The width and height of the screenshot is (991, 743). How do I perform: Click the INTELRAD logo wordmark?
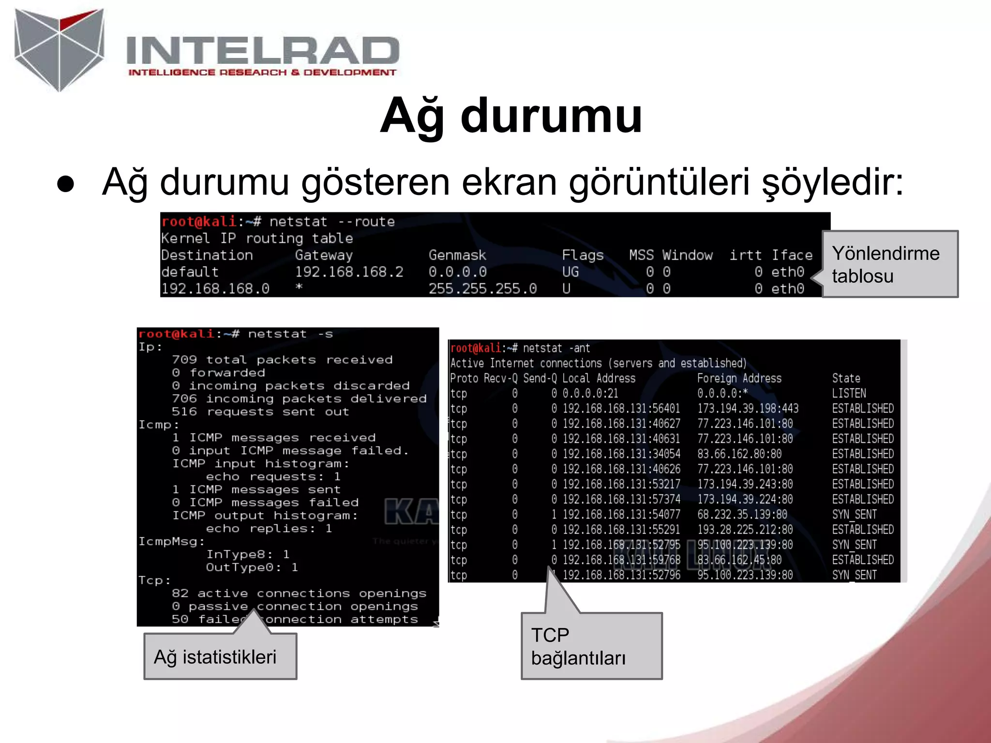(262, 51)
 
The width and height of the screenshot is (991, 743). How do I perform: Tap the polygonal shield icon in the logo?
(59, 48)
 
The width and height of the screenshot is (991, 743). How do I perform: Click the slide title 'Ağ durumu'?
(511, 116)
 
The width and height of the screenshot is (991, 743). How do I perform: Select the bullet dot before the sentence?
(66, 184)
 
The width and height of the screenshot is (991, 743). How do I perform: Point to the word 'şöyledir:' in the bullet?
(832, 182)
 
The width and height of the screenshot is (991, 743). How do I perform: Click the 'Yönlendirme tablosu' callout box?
(889, 264)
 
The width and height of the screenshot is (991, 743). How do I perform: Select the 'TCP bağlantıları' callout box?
(591, 646)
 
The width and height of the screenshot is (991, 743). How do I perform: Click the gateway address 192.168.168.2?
(349, 272)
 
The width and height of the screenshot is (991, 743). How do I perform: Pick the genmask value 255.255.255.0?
(482, 289)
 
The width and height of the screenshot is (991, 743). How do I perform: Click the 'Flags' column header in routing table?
(583, 255)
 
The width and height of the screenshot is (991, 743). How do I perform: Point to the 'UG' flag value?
(571, 272)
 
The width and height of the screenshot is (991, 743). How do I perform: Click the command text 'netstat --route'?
(332, 222)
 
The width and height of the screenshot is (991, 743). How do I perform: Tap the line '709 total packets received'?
(282, 360)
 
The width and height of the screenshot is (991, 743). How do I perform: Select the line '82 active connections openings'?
(299, 594)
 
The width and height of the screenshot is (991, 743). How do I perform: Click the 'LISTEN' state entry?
(849, 393)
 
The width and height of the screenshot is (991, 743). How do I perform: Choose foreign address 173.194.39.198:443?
(748, 409)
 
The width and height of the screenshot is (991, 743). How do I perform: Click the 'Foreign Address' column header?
(739, 378)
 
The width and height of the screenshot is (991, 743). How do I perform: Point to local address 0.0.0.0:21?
(590, 393)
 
